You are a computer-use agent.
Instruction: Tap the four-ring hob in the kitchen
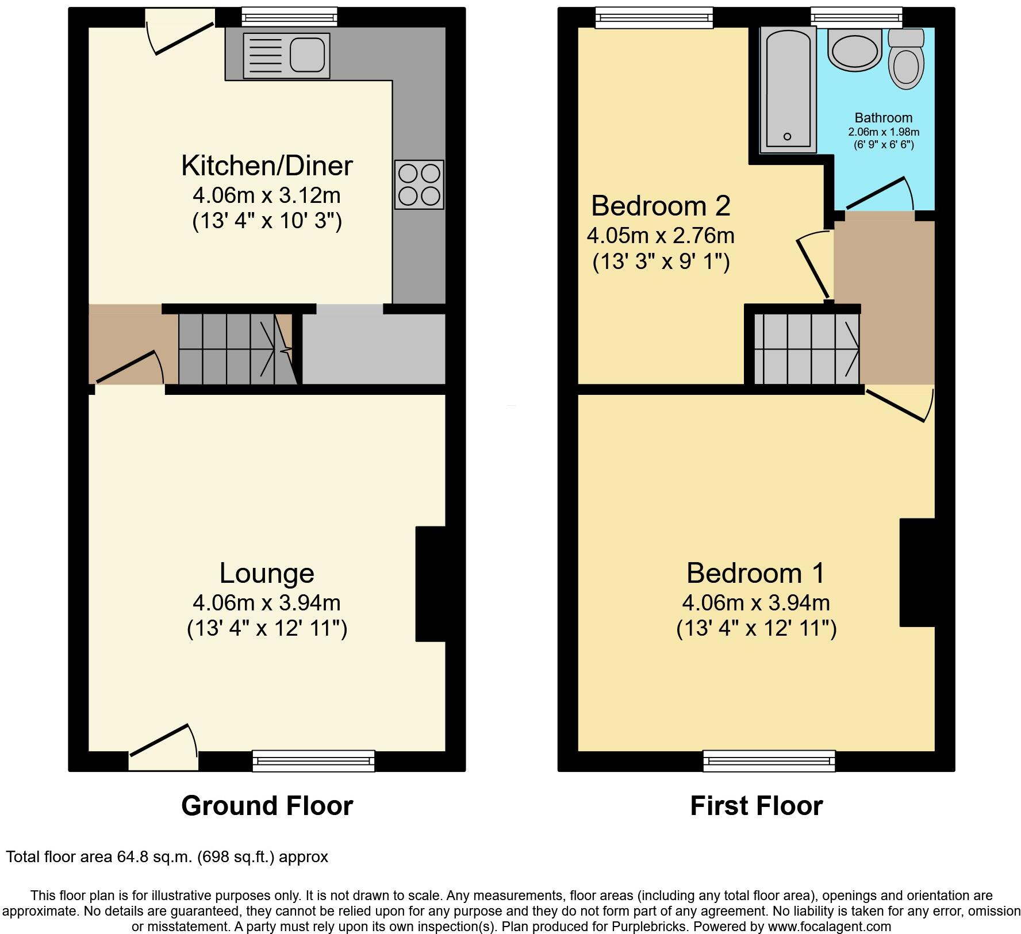[x=419, y=184]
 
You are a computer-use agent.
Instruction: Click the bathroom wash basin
[x=855, y=50]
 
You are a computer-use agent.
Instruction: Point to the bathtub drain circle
[x=787, y=136]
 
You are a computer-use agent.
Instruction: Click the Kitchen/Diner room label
[x=267, y=166]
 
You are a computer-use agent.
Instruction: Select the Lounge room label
[x=267, y=573]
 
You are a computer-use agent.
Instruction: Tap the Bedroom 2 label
[x=661, y=205]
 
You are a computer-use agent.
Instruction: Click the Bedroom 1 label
[x=755, y=573]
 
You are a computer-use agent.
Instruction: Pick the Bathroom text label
[x=883, y=118]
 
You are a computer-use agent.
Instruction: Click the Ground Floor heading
[x=267, y=805]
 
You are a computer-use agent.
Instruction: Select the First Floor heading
[x=756, y=805]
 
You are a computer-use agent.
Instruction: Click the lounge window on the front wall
[x=313, y=760]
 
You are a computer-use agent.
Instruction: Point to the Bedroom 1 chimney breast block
[x=916, y=572]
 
